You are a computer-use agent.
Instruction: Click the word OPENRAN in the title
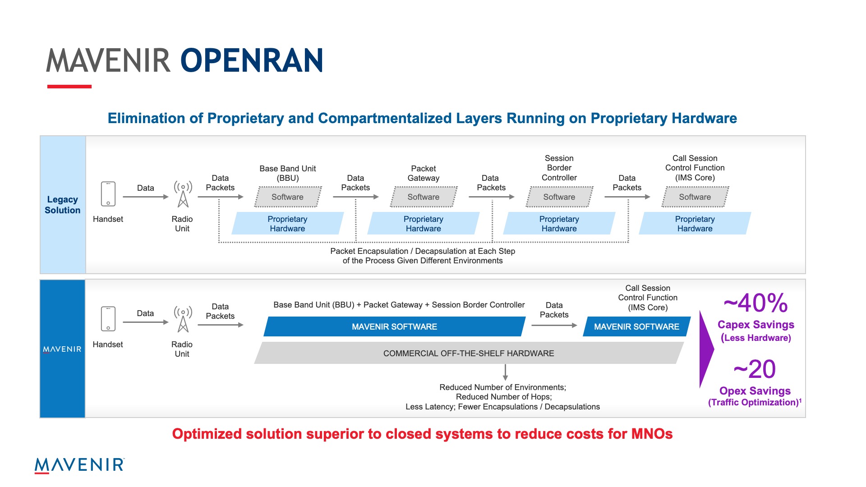pos(252,60)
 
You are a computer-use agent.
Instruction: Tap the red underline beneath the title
pos(69,87)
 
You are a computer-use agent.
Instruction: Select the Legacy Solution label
pos(63,205)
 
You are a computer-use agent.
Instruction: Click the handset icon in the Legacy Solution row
pos(108,194)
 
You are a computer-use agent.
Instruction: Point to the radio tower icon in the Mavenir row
pos(183,319)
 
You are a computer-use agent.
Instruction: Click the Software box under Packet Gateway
pos(424,197)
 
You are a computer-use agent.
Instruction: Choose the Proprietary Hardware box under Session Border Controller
pos(559,224)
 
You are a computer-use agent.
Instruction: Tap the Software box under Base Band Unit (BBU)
pos(288,197)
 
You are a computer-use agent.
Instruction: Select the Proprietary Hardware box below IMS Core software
pos(695,224)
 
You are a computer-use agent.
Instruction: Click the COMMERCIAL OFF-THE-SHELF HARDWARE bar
pos(469,353)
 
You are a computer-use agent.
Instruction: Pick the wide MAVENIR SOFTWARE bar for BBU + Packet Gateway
pos(395,326)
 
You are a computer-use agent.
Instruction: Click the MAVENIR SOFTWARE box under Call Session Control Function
pos(637,326)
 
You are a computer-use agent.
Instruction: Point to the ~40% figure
pos(756,303)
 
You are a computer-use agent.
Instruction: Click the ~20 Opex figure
pos(755,369)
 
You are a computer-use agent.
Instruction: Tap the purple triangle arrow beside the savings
pos(707,349)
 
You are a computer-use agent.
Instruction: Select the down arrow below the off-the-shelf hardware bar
pos(505,372)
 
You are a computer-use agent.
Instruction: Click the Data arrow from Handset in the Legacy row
pos(146,197)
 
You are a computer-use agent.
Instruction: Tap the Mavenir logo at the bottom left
pos(79,465)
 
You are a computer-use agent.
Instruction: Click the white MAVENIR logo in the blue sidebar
pos(62,349)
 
